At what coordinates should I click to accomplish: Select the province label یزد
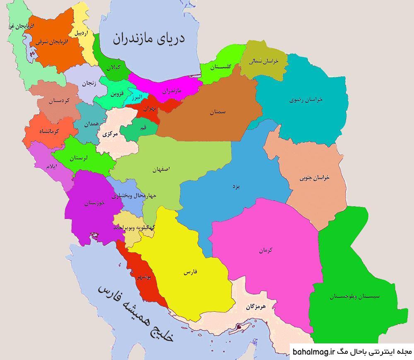click(236, 186)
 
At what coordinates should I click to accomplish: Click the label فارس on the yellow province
click(190, 272)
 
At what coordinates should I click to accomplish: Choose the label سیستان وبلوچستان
click(355, 296)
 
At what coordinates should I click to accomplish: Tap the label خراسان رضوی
click(306, 99)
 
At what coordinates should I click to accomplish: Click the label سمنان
click(217, 112)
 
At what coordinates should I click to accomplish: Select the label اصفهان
click(161, 169)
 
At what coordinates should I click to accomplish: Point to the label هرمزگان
click(255, 307)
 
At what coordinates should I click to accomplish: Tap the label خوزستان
click(94, 203)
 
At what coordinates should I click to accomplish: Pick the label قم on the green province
click(143, 128)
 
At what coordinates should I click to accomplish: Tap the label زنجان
click(89, 83)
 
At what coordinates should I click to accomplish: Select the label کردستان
click(59, 101)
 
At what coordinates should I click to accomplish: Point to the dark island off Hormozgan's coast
click(239, 327)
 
